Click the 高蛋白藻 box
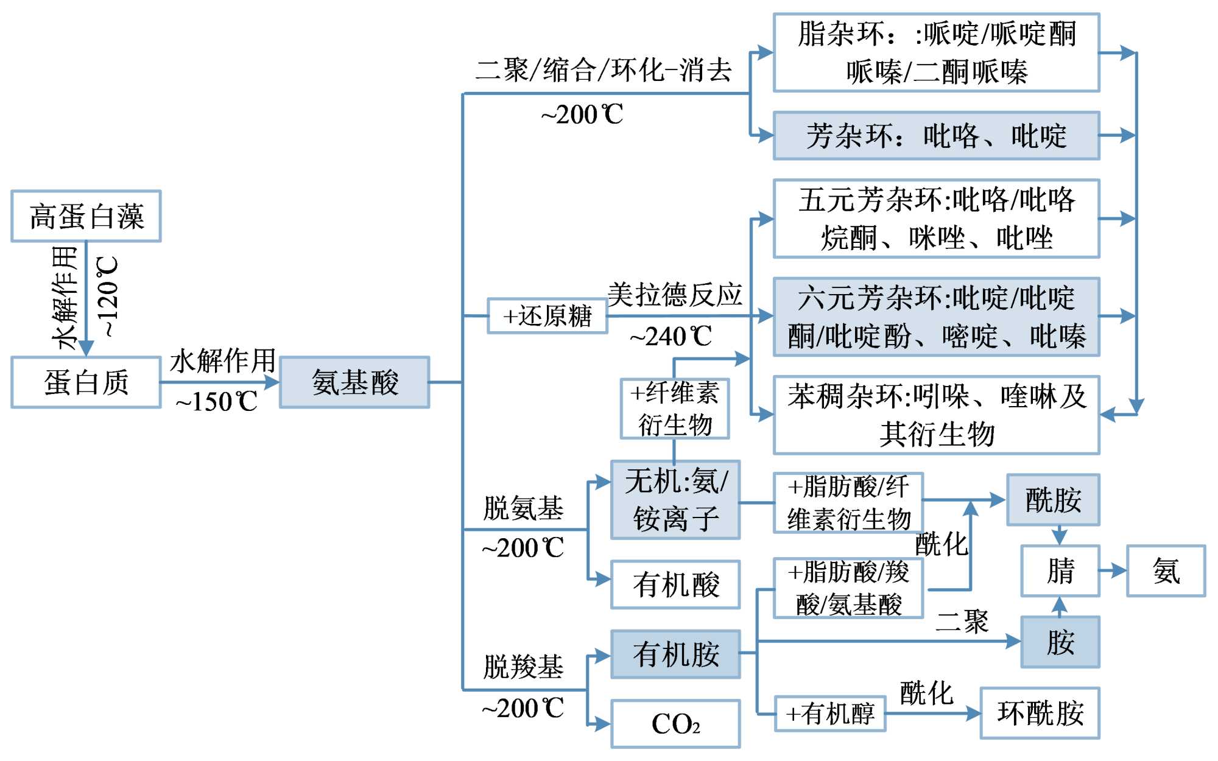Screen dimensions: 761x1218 pos(86,216)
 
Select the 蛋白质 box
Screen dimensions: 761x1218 pos(86,382)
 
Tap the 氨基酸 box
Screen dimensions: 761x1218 pos(354,382)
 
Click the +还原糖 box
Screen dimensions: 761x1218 pos(547,316)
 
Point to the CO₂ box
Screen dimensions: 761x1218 pos(675,724)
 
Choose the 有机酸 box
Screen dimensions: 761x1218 pos(675,585)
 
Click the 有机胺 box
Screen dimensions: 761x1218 pos(675,654)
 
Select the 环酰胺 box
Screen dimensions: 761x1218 pos(1040,714)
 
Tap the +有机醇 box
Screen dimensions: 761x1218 pos(830,714)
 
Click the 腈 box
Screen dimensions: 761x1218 pos(1060,571)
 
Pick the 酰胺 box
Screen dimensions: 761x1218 pos(1053,500)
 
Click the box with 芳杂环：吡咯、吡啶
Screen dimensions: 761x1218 pos(936,136)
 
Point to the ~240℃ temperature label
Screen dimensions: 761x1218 pos(671,337)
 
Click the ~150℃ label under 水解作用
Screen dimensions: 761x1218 pos(216,402)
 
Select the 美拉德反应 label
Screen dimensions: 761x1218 pos(675,295)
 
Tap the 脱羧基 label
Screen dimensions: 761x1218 pos(523,667)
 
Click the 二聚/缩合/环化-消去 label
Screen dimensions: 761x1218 pos(604,70)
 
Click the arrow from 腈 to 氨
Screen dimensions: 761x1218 pos(1113,571)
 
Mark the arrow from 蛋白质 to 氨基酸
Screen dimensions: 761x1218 pos(219,382)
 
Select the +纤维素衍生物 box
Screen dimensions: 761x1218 pos(675,409)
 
